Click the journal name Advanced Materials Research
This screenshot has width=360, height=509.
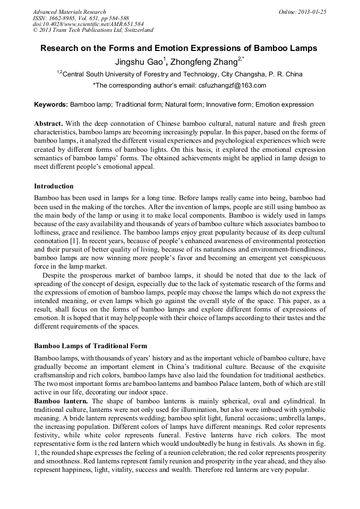click(70, 12)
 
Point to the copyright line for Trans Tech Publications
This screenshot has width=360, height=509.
click(93, 30)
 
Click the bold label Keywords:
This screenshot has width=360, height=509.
click(51, 105)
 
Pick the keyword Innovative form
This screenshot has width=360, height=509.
click(229, 105)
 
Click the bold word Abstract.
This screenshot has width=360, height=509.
click(48, 123)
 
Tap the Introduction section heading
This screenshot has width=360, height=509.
click(54, 186)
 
